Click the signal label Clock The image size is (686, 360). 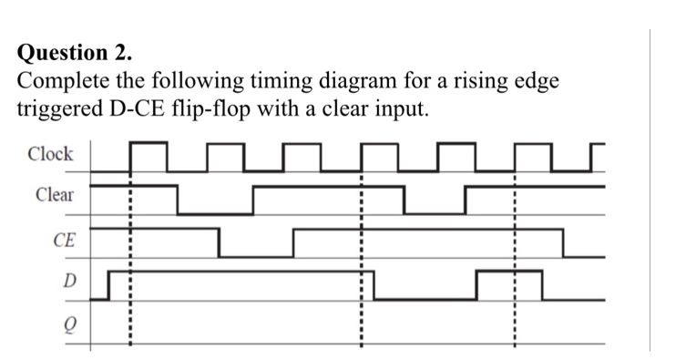(x=50, y=154)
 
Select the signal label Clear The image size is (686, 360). (x=55, y=195)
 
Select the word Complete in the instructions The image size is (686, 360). (x=62, y=80)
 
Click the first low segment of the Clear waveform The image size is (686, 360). (x=215, y=213)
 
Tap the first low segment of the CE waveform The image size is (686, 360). (x=256, y=256)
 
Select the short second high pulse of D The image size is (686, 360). (x=508, y=272)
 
